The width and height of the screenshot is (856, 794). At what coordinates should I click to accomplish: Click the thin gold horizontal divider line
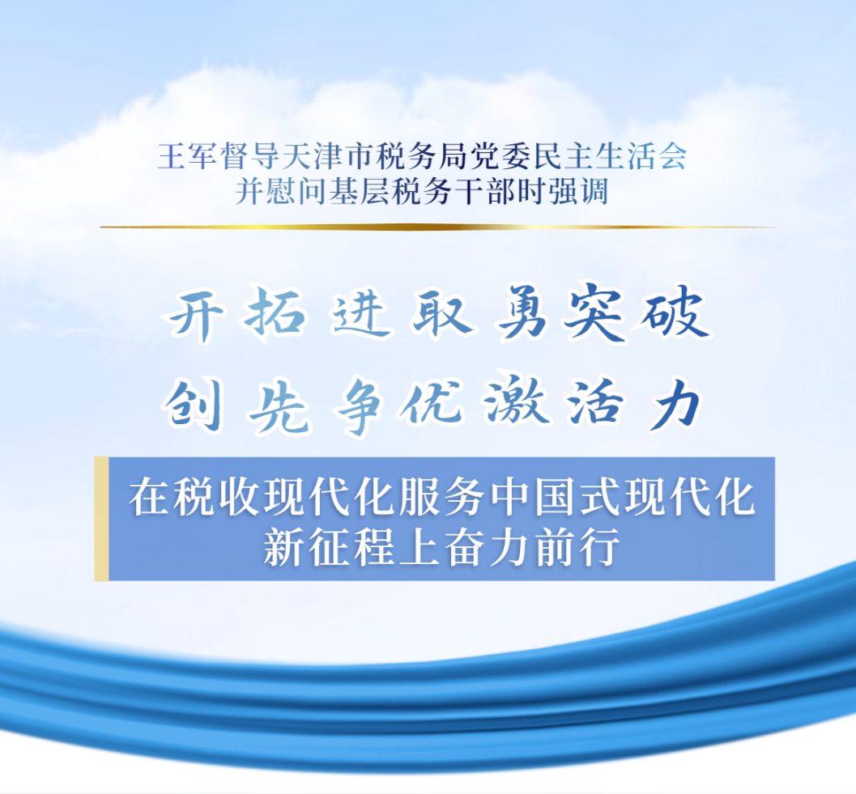437,227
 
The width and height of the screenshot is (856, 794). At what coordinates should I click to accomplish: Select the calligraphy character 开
195,315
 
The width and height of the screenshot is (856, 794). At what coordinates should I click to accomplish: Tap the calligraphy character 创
194,405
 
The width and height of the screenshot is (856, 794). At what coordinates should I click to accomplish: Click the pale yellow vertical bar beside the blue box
101,519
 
